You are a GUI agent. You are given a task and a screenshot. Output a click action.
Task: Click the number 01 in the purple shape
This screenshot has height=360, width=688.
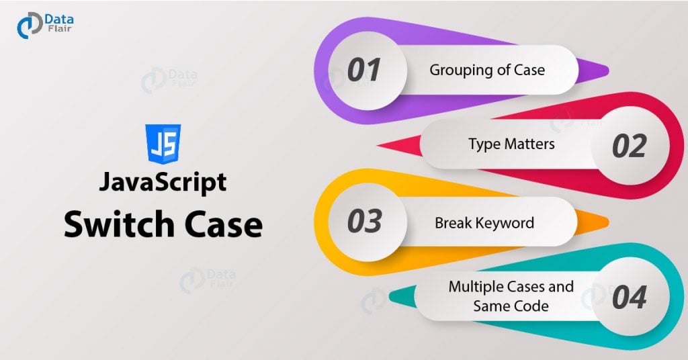364,71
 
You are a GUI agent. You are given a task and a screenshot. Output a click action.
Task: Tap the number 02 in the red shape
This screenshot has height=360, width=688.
628,146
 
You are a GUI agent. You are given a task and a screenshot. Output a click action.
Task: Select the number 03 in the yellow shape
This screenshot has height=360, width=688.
364,222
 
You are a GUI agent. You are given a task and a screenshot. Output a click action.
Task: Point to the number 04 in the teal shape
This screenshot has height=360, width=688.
628,298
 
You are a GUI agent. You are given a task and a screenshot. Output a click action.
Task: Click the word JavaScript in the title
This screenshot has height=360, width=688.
163,183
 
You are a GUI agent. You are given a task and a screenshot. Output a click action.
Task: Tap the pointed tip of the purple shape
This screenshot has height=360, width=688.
608,71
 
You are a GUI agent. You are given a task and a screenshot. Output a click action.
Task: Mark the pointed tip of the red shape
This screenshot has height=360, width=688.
379,146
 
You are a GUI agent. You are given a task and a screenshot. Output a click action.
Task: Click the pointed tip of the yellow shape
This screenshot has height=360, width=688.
608,222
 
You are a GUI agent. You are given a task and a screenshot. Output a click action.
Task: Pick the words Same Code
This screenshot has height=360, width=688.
511,306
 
